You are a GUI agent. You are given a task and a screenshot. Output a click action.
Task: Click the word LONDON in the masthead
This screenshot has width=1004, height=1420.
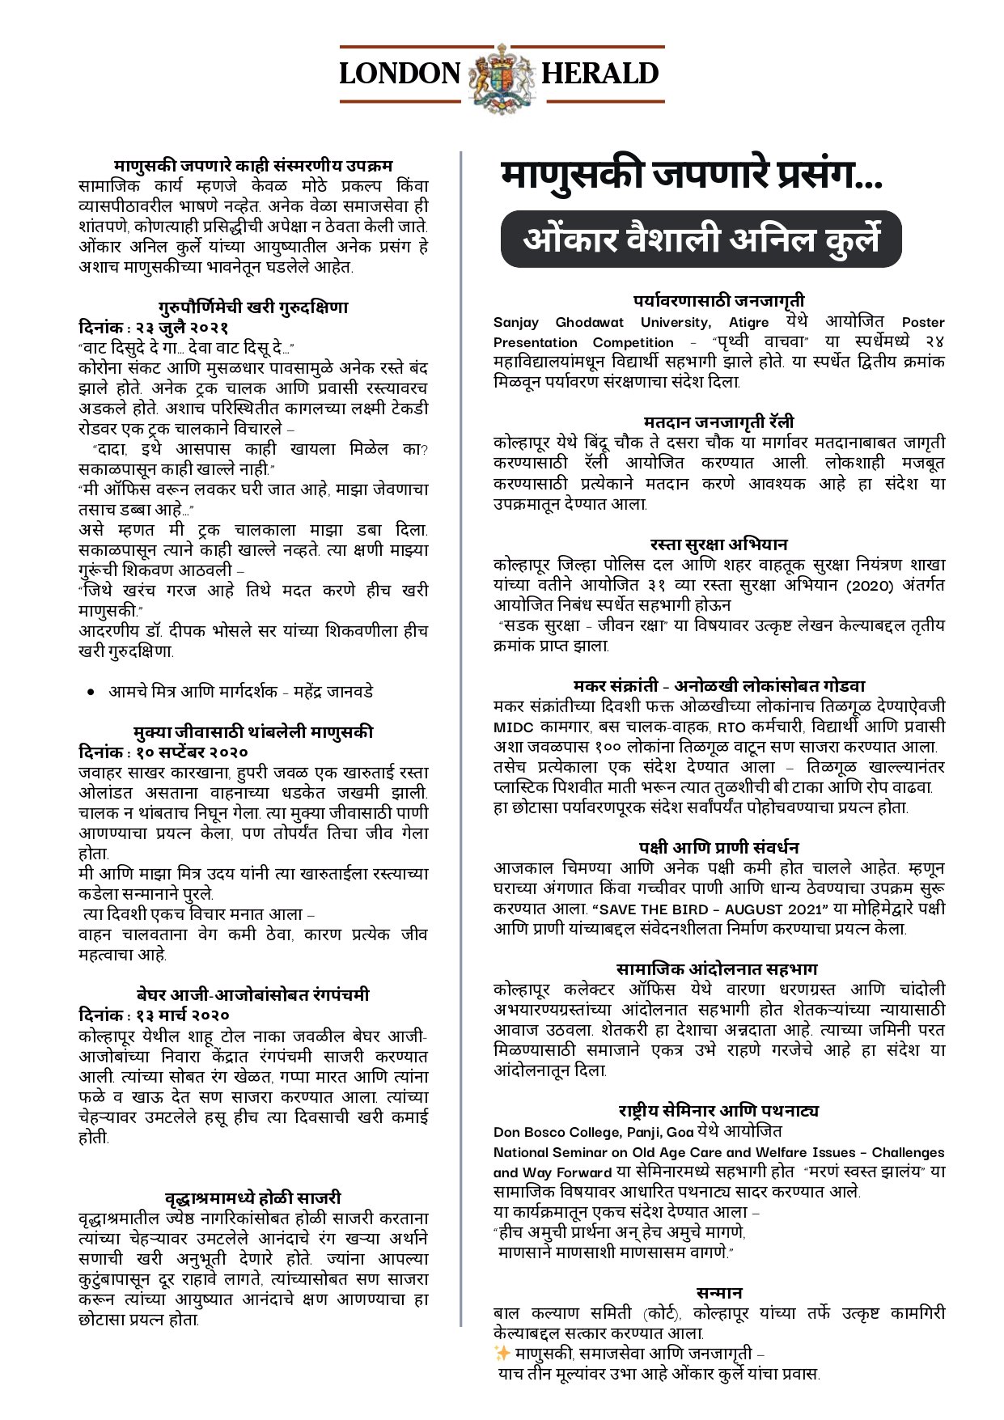(x=400, y=74)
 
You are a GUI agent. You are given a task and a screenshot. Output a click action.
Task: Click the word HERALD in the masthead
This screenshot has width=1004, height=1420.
(x=599, y=74)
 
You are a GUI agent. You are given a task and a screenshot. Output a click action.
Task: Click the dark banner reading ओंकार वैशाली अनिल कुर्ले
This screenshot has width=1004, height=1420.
(x=701, y=239)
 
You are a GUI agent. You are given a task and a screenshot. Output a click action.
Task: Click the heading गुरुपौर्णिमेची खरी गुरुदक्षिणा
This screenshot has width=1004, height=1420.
(x=253, y=307)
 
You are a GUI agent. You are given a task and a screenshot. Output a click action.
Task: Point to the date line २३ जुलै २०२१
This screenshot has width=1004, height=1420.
(x=154, y=328)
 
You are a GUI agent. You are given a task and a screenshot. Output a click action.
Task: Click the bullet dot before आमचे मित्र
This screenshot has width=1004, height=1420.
(x=92, y=693)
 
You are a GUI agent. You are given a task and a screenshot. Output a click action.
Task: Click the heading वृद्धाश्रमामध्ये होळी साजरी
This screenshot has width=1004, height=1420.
(x=253, y=1197)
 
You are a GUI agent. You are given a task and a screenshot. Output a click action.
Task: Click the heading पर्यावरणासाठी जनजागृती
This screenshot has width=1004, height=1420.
(x=718, y=301)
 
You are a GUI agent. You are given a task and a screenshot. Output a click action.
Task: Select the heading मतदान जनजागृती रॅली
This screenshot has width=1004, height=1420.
(x=718, y=422)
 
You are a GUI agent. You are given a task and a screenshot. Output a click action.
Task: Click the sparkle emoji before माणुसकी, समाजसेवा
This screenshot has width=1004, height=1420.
(x=502, y=1353)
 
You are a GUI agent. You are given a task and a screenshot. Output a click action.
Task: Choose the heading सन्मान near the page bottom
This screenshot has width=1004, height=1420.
(x=718, y=1292)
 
